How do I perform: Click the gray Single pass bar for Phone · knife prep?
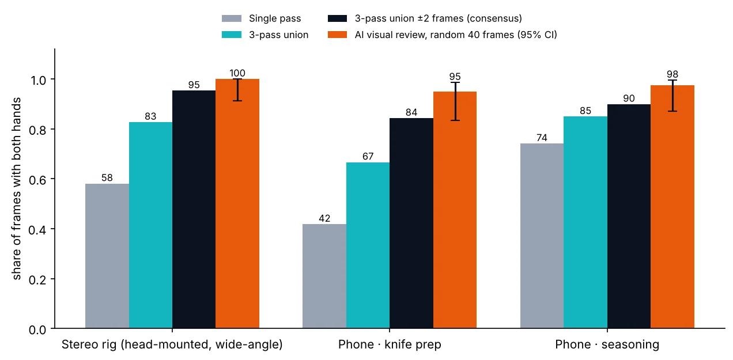click(324, 276)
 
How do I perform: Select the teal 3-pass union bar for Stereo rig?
click(150, 225)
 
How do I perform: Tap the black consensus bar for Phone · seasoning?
click(629, 216)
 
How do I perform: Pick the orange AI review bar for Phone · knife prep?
click(455, 210)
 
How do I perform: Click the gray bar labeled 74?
click(542, 236)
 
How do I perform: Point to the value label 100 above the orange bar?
click(237, 73)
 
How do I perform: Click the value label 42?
click(324, 218)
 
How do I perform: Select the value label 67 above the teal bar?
click(368, 156)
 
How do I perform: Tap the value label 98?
click(672, 74)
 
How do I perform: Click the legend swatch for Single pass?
click(232, 18)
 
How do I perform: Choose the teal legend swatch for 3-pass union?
click(232, 35)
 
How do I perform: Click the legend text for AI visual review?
click(456, 35)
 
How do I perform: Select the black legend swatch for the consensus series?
click(337, 18)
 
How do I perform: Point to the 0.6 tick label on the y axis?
click(37, 180)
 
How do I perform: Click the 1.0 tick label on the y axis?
click(38, 80)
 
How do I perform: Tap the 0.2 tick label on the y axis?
click(37, 280)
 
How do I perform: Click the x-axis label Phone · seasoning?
click(607, 344)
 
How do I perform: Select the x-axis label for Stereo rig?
click(172, 344)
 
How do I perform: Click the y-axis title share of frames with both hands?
click(16, 189)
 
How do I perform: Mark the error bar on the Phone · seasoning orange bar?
click(672, 96)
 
